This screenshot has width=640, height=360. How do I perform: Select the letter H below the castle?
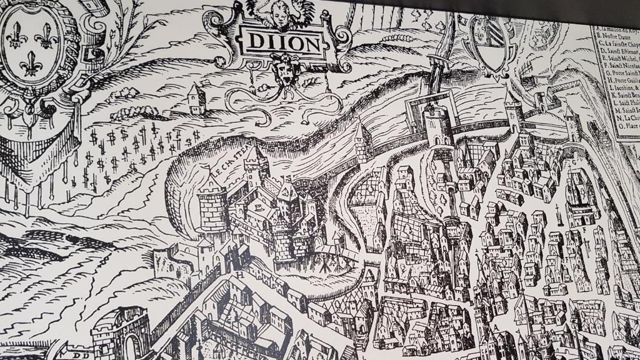pyautogui.click(x=240, y=274)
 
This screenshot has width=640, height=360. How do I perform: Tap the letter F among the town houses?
pyautogui.click(x=583, y=229)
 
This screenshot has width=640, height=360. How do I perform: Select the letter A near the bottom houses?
pyautogui.click(x=496, y=326)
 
